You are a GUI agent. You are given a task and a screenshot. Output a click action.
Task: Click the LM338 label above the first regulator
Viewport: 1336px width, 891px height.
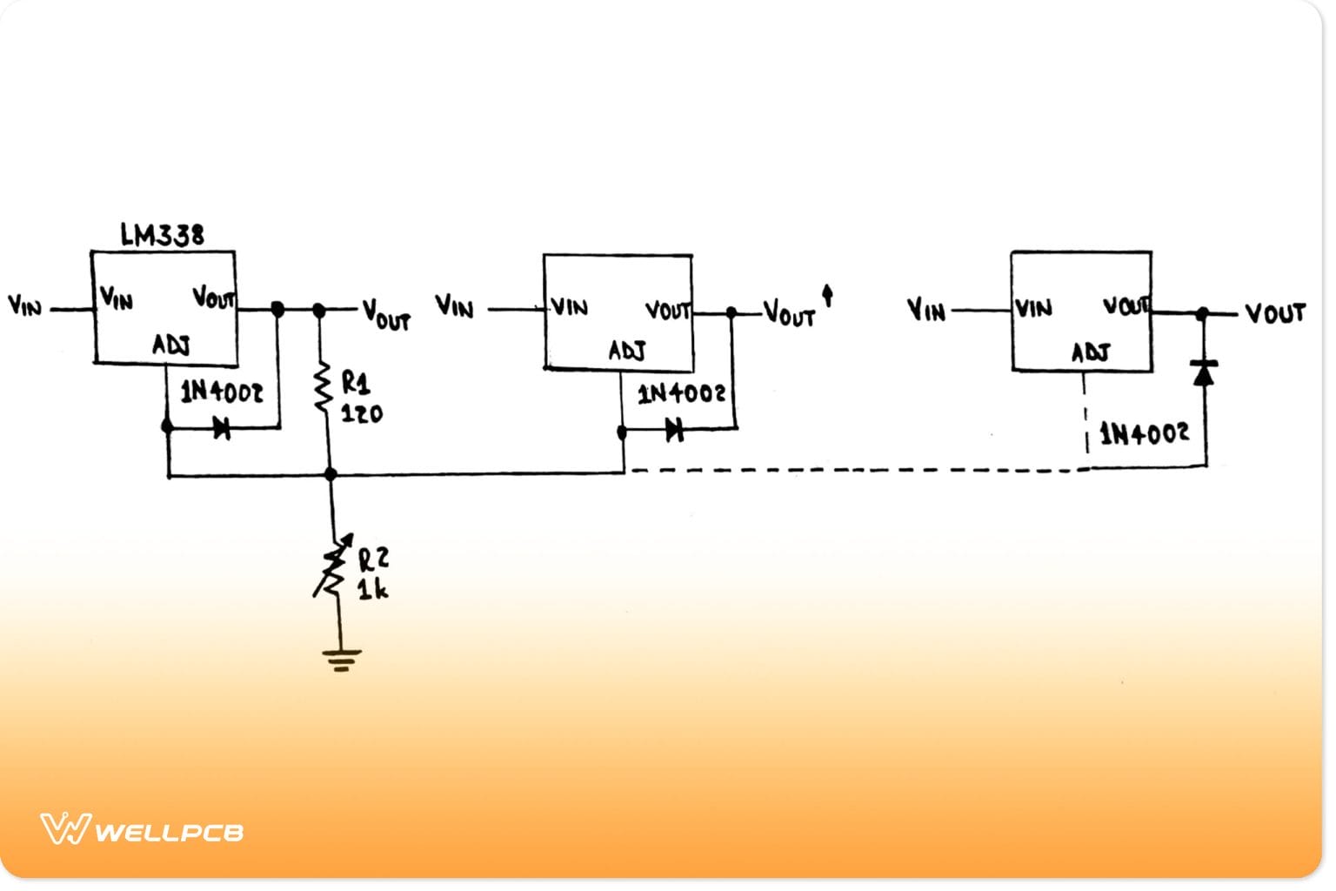(x=162, y=235)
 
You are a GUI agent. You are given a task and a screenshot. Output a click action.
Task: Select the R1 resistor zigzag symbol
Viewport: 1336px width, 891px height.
(x=323, y=387)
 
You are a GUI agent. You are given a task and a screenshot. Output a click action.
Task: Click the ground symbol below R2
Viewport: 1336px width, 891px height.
(x=341, y=660)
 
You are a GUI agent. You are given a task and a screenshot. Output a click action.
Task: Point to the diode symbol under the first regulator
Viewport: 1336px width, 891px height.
(x=222, y=428)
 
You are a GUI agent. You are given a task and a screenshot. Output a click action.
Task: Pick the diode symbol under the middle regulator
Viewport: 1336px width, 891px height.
(x=674, y=429)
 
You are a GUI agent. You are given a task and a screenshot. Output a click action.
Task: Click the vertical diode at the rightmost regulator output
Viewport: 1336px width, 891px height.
(x=1204, y=372)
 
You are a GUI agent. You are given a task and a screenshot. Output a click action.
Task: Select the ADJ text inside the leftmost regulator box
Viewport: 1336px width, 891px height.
(x=171, y=345)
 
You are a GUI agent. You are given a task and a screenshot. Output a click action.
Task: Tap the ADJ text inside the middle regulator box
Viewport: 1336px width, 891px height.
(x=626, y=351)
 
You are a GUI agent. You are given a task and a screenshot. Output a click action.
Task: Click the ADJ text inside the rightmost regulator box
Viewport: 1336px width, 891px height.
(x=1090, y=352)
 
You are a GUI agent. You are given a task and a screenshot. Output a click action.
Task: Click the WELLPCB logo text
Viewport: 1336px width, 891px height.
(x=168, y=832)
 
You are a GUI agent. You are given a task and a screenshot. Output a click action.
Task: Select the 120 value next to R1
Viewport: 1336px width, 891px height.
(x=361, y=413)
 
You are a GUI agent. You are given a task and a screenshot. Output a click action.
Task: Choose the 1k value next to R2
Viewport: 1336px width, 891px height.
(x=372, y=590)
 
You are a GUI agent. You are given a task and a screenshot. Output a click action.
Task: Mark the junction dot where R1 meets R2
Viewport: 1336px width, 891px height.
(x=331, y=474)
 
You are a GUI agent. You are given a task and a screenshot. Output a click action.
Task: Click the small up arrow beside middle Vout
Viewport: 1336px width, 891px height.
(x=827, y=295)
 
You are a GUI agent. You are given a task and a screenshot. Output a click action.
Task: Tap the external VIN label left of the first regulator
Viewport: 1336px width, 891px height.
(x=24, y=305)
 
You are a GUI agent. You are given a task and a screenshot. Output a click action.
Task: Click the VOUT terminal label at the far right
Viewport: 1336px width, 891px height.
(x=1274, y=313)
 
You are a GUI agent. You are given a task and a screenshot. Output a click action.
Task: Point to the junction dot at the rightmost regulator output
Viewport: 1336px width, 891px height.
(x=1203, y=313)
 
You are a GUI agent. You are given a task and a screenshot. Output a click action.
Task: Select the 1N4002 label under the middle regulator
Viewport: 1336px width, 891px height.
(x=681, y=394)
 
